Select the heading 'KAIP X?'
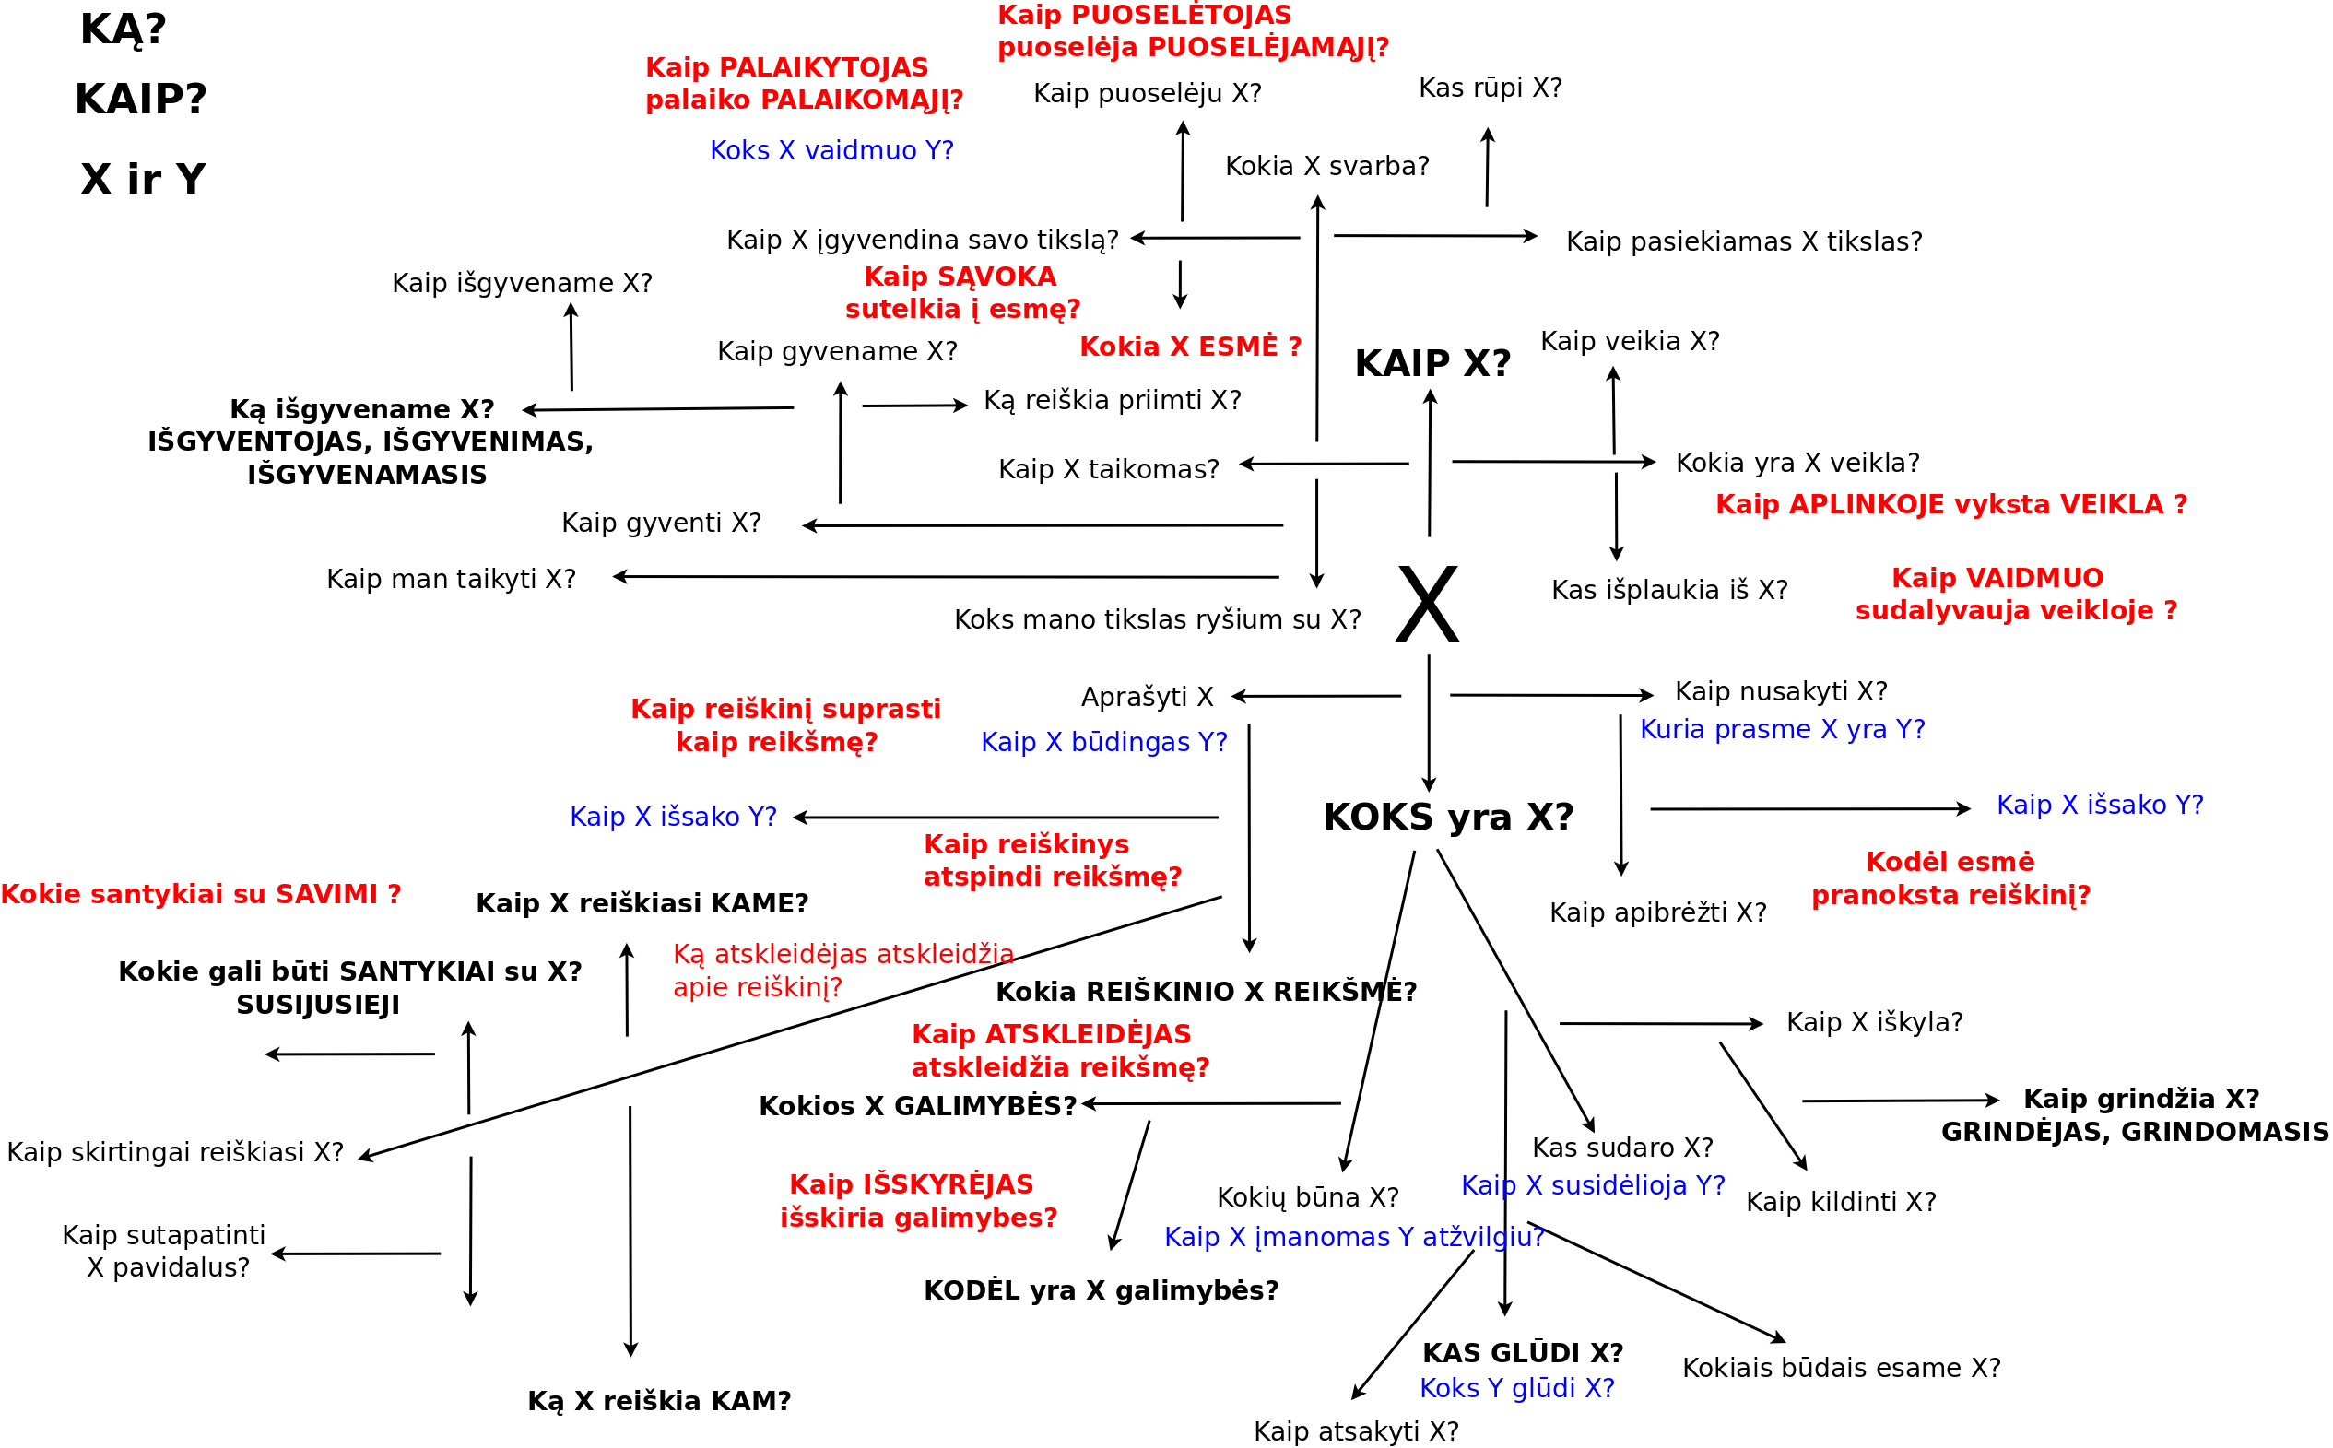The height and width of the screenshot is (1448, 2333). click(x=1432, y=364)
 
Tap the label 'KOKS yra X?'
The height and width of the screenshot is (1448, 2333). click(x=1448, y=817)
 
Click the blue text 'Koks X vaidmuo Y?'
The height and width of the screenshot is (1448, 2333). click(x=831, y=150)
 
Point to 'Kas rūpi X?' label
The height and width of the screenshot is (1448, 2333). click(x=1491, y=88)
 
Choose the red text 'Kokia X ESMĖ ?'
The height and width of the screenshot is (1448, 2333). click(x=1190, y=347)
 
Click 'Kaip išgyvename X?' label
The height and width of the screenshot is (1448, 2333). click(x=522, y=284)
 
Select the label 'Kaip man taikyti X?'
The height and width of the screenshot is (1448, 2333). click(x=451, y=580)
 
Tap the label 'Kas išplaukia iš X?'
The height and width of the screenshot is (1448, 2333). click(x=1669, y=590)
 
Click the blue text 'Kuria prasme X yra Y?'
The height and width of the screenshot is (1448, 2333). click(x=1783, y=730)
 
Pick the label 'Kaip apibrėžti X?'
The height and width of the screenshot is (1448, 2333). click(x=1658, y=912)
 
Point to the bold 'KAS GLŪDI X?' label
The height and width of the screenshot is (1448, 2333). click(x=1523, y=1353)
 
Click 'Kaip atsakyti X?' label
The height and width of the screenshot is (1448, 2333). click(x=1356, y=1431)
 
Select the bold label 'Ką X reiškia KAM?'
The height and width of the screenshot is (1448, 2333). click(x=659, y=1401)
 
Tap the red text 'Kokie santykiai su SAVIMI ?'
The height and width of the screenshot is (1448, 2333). click(x=200, y=894)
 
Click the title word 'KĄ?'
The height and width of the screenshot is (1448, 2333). click(x=124, y=29)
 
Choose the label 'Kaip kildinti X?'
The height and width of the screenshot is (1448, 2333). click(x=1841, y=1202)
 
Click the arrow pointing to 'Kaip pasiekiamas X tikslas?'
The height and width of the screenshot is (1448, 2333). click(x=1436, y=236)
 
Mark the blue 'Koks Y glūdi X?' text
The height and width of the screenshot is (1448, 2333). click(x=1517, y=1389)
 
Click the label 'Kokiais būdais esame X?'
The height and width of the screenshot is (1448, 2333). click(x=1842, y=1368)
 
